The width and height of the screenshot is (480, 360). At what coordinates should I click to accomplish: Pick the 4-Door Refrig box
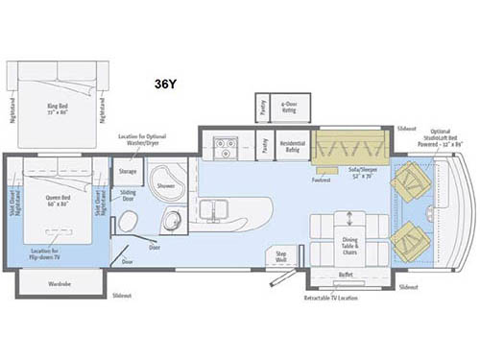[x=288, y=108]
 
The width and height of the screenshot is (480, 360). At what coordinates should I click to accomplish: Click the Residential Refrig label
[x=292, y=147]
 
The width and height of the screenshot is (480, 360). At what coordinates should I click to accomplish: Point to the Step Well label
[x=282, y=258]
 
